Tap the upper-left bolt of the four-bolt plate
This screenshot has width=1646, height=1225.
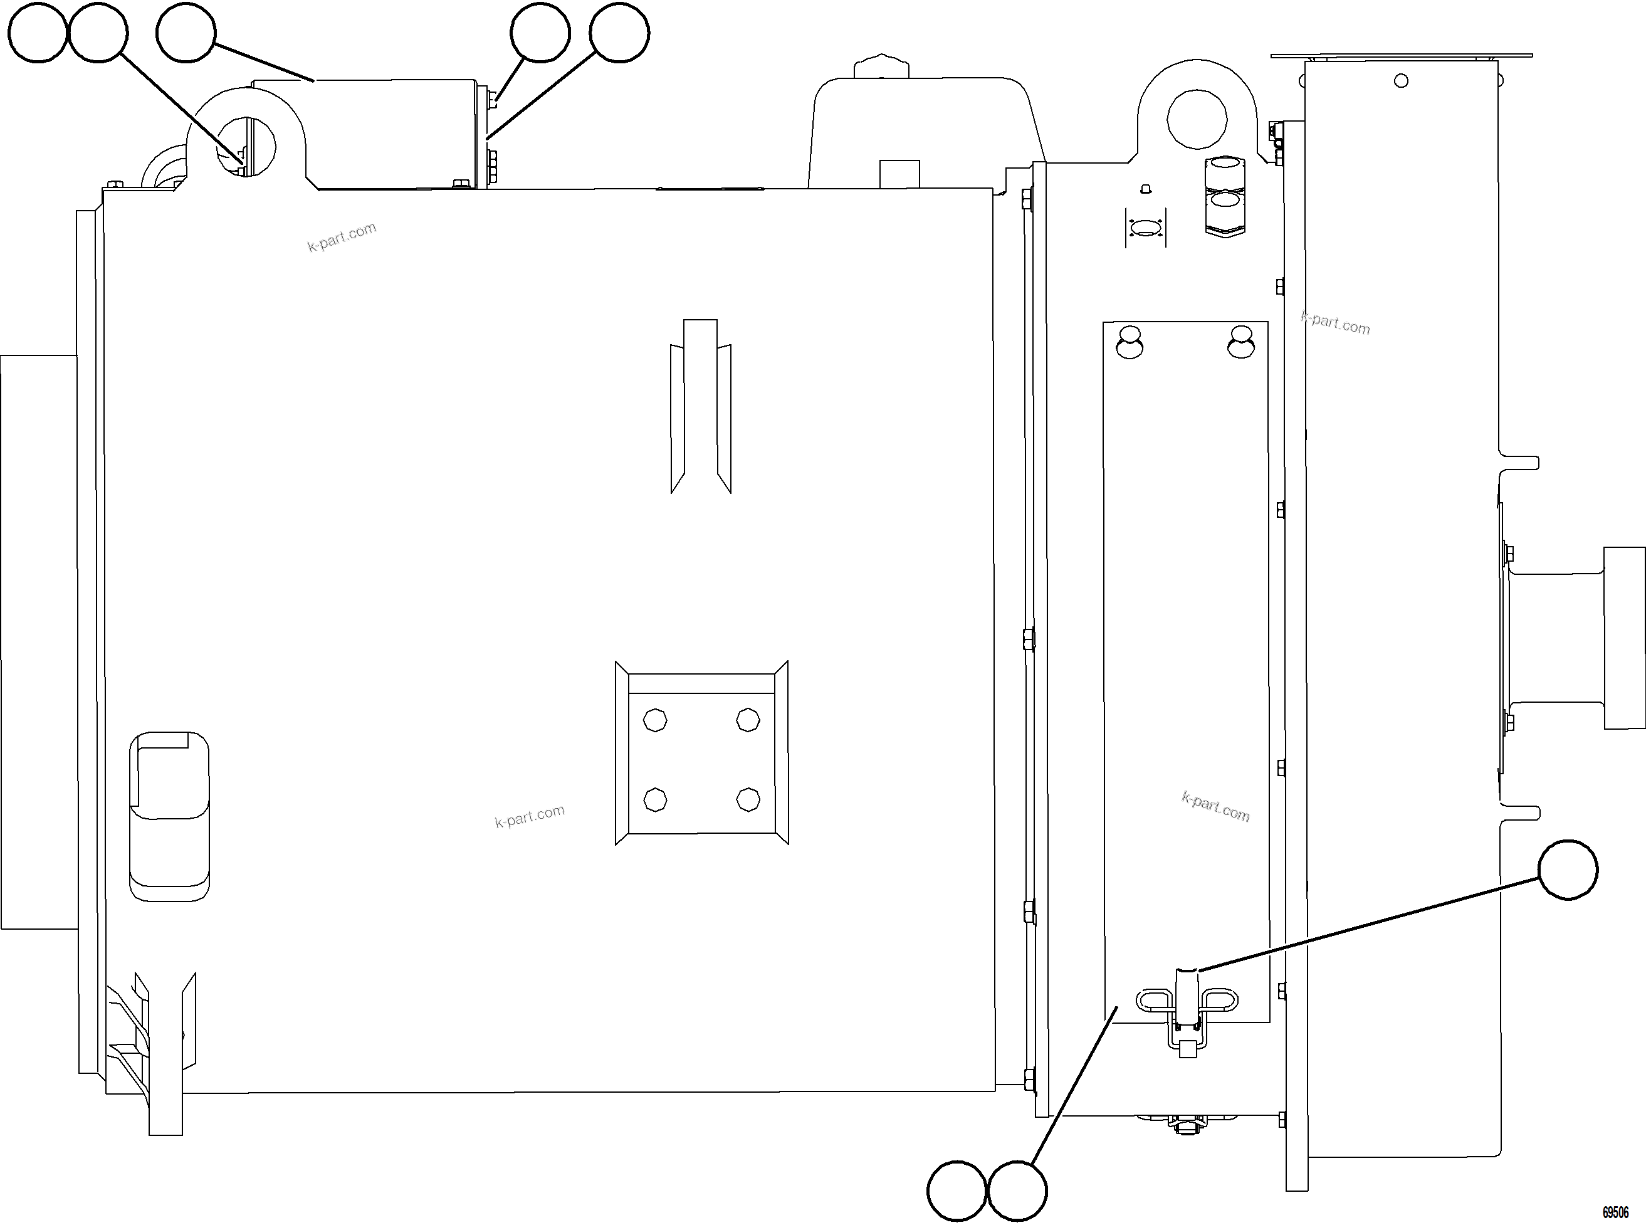click(x=654, y=719)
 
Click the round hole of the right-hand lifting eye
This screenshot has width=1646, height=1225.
click(x=1196, y=118)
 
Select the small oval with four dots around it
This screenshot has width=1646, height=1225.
click(x=1146, y=227)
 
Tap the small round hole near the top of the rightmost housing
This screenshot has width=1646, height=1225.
click(x=1400, y=81)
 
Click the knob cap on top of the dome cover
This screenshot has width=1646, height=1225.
click(x=881, y=65)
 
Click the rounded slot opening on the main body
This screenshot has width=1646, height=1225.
click(x=169, y=816)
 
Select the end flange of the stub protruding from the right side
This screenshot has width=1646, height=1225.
click(x=1624, y=638)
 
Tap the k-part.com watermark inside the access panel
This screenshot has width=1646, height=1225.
click(x=1215, y=807)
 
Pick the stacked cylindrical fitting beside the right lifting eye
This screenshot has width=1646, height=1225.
click(x=1224, y=196)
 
